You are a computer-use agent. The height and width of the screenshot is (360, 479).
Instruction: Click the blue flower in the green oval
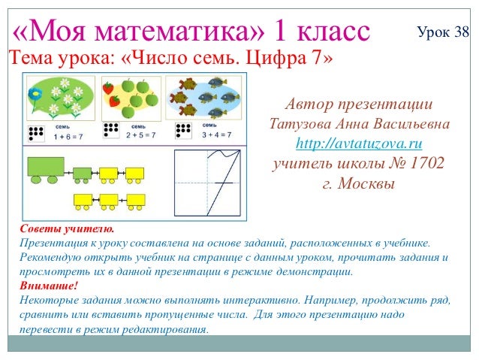coord(34,95)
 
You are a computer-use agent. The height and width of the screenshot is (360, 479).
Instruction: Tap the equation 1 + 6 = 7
coord(67,137)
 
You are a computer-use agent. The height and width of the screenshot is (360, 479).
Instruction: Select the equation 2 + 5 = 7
coord(140,136)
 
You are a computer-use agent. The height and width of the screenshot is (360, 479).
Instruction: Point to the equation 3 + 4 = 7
coord(215,135)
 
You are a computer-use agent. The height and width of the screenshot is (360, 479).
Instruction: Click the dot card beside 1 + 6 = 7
coord(35,133)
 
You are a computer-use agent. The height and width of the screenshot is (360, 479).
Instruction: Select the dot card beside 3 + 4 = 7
coord(182,129)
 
